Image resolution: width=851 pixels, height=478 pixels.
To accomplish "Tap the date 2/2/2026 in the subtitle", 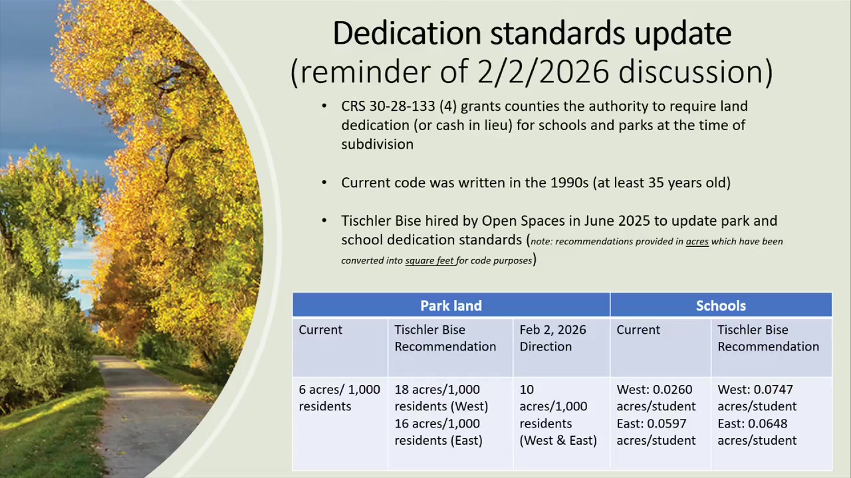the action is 543,71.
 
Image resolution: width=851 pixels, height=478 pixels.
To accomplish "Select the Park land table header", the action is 451,305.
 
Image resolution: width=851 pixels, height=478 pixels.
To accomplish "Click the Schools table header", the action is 721,305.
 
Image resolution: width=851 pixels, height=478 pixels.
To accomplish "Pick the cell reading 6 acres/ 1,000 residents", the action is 339,398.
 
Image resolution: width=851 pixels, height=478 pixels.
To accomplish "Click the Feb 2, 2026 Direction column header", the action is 552,338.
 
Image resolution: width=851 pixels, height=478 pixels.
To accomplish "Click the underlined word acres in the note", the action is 697,242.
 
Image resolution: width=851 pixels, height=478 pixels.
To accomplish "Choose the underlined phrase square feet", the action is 429,261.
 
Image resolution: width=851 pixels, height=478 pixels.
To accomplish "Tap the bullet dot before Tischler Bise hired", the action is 324,220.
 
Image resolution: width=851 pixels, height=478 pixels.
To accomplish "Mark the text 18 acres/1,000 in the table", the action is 437,390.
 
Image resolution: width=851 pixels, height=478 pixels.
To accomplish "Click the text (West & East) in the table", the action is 558,440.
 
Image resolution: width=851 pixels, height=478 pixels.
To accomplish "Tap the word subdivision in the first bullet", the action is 377,145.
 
